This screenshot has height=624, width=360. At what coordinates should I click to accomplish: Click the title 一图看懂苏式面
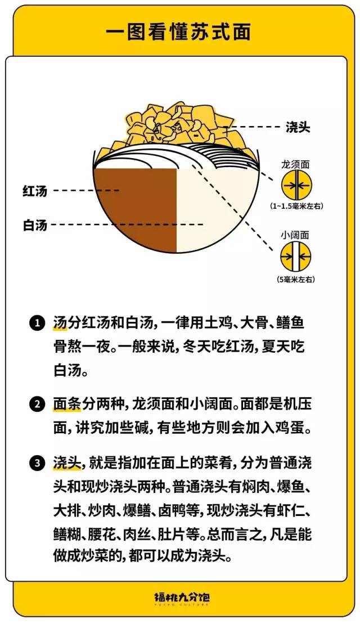[178, 32]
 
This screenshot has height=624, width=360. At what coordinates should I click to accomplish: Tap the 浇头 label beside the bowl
[298, 127]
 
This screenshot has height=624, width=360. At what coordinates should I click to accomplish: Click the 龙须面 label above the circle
[295, 165]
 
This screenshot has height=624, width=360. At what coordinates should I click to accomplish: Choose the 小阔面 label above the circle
[295, 235]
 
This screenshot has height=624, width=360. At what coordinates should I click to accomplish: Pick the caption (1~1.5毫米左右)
[295, 206]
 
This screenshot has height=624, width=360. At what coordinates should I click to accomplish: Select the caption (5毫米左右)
[295, 279]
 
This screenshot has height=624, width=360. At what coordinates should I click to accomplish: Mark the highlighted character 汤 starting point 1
[60, 324]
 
